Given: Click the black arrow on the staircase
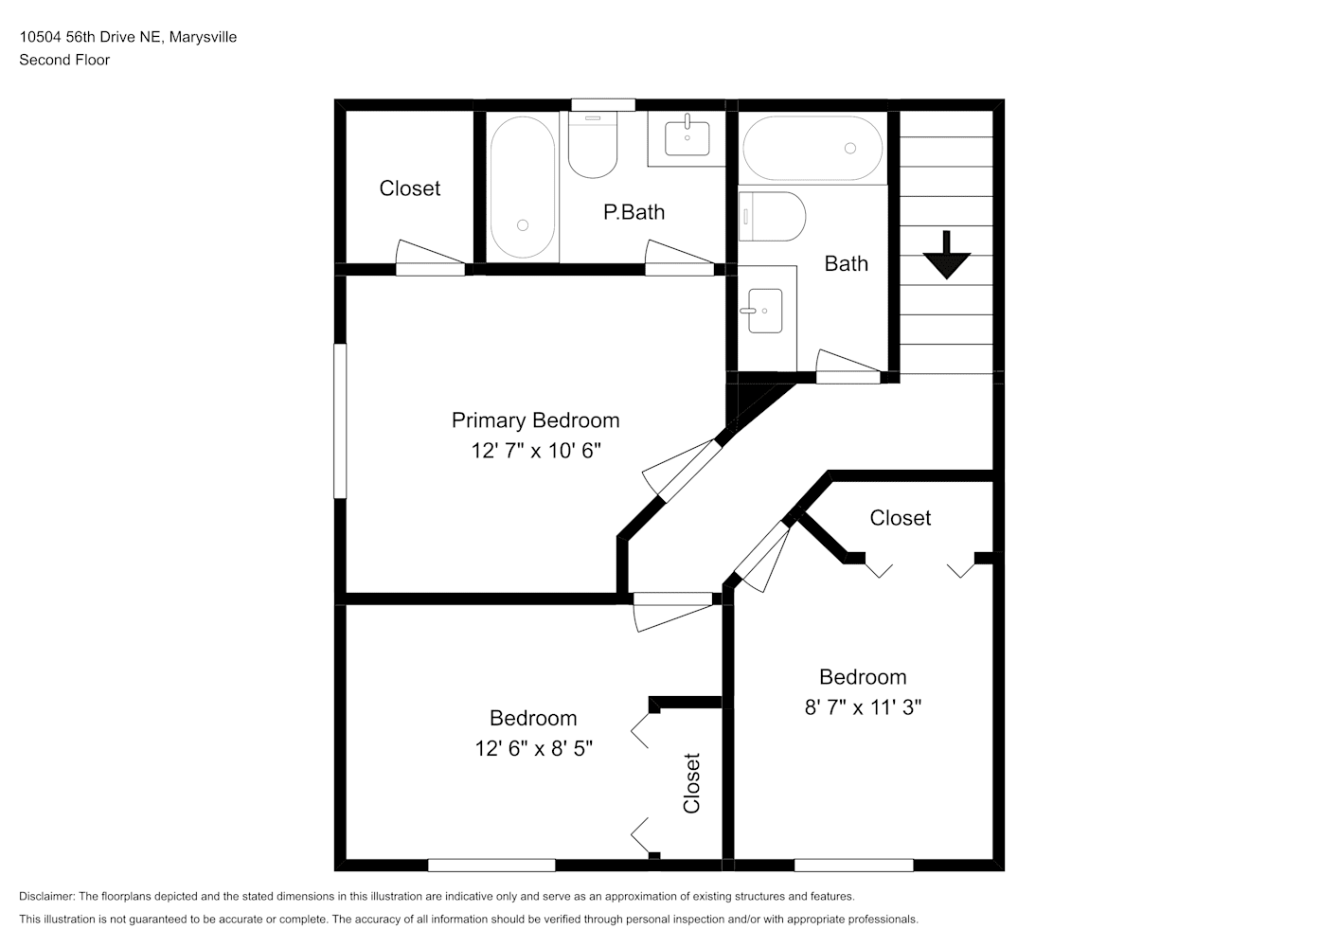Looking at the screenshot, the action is (946, 255).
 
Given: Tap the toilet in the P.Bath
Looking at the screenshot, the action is (593, 145).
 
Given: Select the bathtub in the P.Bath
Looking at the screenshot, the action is (523, 188).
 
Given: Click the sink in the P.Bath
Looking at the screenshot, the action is (687, 137).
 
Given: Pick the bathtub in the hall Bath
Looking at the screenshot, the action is (812, 149).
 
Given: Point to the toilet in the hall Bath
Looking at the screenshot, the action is (773, 217).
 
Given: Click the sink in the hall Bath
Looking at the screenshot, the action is (762, 311).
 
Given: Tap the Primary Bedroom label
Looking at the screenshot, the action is (535, 420).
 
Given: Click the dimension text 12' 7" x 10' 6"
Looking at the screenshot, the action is (536, 450).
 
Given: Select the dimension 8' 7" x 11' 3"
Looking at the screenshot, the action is (863, 707).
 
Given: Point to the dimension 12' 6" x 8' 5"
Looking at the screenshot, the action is (533, 748).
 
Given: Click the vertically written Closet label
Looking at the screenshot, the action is (691, 783).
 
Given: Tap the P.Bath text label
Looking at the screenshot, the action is (634, 211).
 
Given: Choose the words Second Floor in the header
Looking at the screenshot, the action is (64, 60).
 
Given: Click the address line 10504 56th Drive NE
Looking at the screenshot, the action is (90, 37).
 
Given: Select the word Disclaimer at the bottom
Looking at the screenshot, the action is (47, 896).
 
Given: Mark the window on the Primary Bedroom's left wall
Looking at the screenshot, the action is (340, 420).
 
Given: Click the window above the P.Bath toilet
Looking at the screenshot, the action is (602, 105).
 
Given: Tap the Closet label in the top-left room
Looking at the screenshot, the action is (409, 188).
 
